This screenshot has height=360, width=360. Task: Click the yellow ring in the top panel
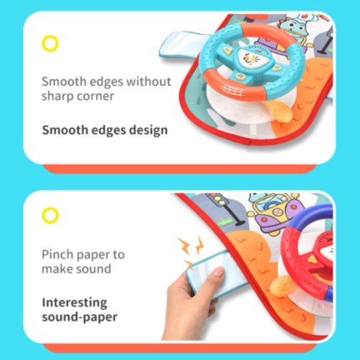(x=50, y=44)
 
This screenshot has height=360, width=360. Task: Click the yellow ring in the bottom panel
(x=50, y=214)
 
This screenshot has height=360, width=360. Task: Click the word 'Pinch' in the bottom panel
(x=57, y=254)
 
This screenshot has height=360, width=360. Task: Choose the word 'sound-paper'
(x=78, y=317)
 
